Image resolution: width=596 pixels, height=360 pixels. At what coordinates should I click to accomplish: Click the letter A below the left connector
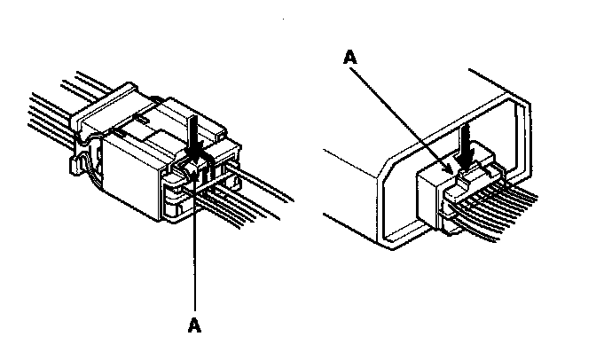click(x=195, y=325)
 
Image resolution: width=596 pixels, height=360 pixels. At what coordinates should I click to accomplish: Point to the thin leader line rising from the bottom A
click(x=195, y=248)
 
